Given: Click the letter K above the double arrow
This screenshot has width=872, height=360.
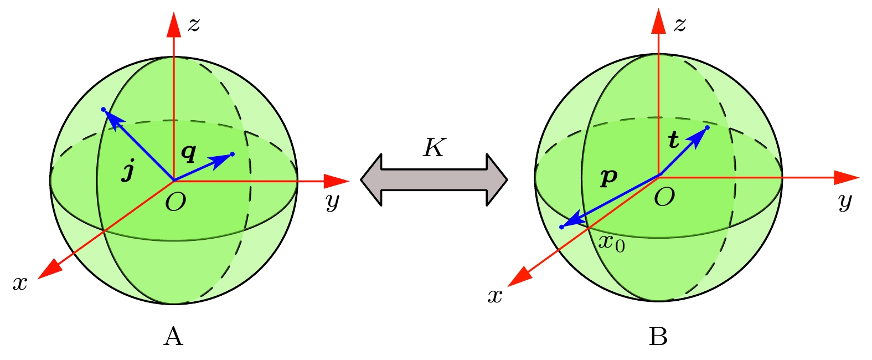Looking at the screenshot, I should pos(434,148).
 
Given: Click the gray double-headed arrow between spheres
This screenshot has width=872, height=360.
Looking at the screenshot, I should pos(434,179).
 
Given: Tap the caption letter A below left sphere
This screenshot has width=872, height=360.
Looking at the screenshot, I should pos(173,336).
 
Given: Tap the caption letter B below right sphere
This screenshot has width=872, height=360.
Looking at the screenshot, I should pos(658,336).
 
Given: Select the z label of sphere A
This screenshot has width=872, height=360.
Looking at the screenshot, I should pos(193,24).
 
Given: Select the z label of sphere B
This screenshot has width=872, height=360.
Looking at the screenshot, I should pos(679,24).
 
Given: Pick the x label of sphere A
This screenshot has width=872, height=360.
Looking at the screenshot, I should pos(20,283).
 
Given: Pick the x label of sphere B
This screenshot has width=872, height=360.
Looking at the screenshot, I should pos(494,296).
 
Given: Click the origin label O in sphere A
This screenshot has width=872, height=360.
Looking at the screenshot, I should pos(176,203).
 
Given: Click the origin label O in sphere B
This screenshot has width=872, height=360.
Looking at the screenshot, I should pos(664,197).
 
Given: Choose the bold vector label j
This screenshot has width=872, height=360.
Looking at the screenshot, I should pos(128,172).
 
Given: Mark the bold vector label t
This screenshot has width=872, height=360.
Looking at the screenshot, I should pos(673,140).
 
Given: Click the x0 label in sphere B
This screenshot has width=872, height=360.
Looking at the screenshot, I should pos(611,243).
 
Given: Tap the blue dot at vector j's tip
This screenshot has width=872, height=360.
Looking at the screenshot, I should pos(104,110).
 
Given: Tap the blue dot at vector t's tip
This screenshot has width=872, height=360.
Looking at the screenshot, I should pos(708,128).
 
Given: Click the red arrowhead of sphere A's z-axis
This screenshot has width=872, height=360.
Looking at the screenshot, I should pos(174,25).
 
